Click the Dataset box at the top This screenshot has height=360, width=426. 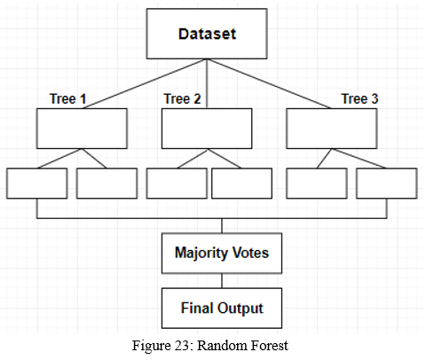(x=207, y=34)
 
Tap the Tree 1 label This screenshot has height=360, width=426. (x=67, y=98)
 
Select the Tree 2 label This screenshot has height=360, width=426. (x=182, y=98)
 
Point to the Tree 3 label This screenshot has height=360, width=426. (x=359, y=98)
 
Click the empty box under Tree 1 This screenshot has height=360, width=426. (x=82, y=129)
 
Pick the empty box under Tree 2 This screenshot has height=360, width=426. (x=207, y=129)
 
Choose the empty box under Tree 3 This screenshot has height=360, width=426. (x=332, y=129)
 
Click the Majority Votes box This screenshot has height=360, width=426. (x=222, y=254)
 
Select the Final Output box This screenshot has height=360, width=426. (x=222, y=309)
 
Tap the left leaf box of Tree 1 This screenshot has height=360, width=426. (x=37, y=184)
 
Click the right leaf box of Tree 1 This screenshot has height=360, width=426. (x=106, y=184)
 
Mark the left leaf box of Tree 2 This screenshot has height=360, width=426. (x=177, y=184)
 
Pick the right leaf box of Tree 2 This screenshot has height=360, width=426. (x=241, y=184)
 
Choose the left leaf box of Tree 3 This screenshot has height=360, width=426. (x=317, y=184)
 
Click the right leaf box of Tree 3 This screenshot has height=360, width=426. (x=387, y=184)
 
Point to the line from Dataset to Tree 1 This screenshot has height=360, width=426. (x=145, y=83)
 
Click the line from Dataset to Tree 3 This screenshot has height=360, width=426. (x=269, y=83)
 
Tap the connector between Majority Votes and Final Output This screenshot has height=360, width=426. (x=222, y=281)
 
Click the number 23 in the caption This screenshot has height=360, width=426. (x=183, y=346)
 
